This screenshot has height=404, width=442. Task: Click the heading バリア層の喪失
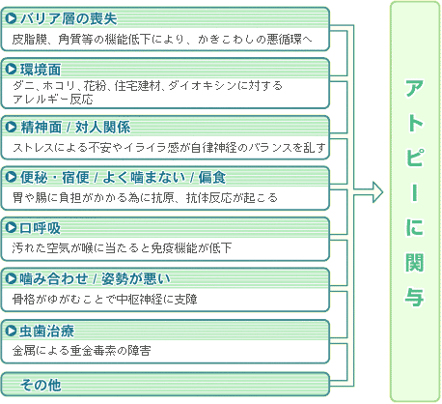[69, 18]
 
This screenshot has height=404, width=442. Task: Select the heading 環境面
[41, 70]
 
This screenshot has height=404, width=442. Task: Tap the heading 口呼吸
[41, 228]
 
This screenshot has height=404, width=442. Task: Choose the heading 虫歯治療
[47, 332]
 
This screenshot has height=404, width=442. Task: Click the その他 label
[41, 385]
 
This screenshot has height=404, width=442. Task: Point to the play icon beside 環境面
[12, 69]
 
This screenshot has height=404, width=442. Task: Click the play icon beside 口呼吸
[12, 228]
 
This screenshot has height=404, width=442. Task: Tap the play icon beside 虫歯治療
[12, 331]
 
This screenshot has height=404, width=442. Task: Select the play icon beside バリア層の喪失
[12, 18]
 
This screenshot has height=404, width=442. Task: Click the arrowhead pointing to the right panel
[377, 192]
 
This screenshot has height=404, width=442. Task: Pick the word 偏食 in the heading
[212, 178]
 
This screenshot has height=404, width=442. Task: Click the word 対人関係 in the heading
[102, 128]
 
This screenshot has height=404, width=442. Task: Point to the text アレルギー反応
[53, 99]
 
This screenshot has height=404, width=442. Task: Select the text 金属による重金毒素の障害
[82, 350]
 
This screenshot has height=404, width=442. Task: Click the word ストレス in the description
[33, 148]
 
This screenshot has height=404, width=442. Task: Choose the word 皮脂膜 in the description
[30, 40]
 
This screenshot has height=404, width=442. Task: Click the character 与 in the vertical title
[414, 298]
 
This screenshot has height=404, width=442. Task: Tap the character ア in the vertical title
[414, 88]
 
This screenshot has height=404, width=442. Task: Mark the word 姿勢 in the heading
[115, 278]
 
